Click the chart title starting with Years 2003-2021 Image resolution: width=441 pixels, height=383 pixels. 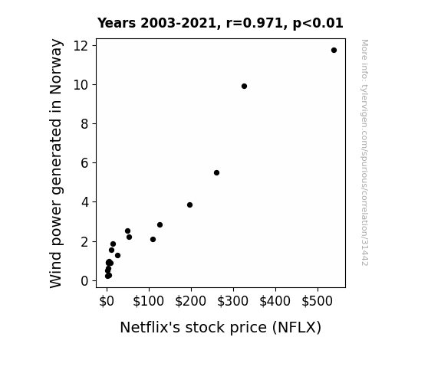coord(220,23)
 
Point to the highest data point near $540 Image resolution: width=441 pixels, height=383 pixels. coord(334,51)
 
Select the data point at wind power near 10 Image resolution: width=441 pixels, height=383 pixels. coord(244,87)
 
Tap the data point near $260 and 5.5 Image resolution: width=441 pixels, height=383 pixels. coord(216,173)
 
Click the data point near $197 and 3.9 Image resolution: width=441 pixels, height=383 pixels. coord(190,205)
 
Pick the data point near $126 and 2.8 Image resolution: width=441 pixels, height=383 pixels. coord(160,224)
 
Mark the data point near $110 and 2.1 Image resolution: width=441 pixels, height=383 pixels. coord(153,240)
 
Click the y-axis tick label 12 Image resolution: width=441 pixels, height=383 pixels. coord(81,46)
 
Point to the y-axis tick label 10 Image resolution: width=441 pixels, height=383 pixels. coord(81,84)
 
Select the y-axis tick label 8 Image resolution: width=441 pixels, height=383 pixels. coord(84,123)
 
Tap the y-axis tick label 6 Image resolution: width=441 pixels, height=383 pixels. coord(84,162)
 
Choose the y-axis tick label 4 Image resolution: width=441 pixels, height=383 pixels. coord(84,202)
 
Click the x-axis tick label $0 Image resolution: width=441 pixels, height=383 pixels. coord(107,301)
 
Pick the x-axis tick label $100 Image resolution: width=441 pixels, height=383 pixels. coord(149,301)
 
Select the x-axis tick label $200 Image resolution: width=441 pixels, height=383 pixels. coord(191,301)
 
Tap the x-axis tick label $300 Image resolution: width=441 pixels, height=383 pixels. coord(233,301)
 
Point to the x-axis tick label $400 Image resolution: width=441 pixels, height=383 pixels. coord(275,301)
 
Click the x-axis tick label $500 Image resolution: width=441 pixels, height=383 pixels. coord(318,301)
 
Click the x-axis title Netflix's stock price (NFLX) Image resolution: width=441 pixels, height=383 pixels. coord(221,328)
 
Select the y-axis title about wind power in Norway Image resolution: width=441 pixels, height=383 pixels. coord(56,163)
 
